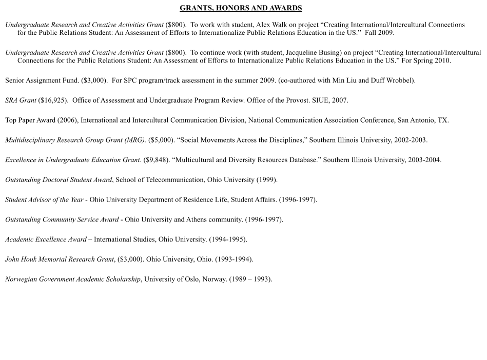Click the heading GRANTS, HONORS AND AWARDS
pyautogui.click(x=241, y=8)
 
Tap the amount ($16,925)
pyautogui.click(x=53, y=101)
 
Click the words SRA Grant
pyautogui.click(x=21, y=101)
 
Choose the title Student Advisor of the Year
pyautogui.click(x=44, y=200)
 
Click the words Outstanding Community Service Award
pyautogui.click(x=62, y=220)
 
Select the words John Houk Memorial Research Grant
pyautogui.click(x=60, y=259)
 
